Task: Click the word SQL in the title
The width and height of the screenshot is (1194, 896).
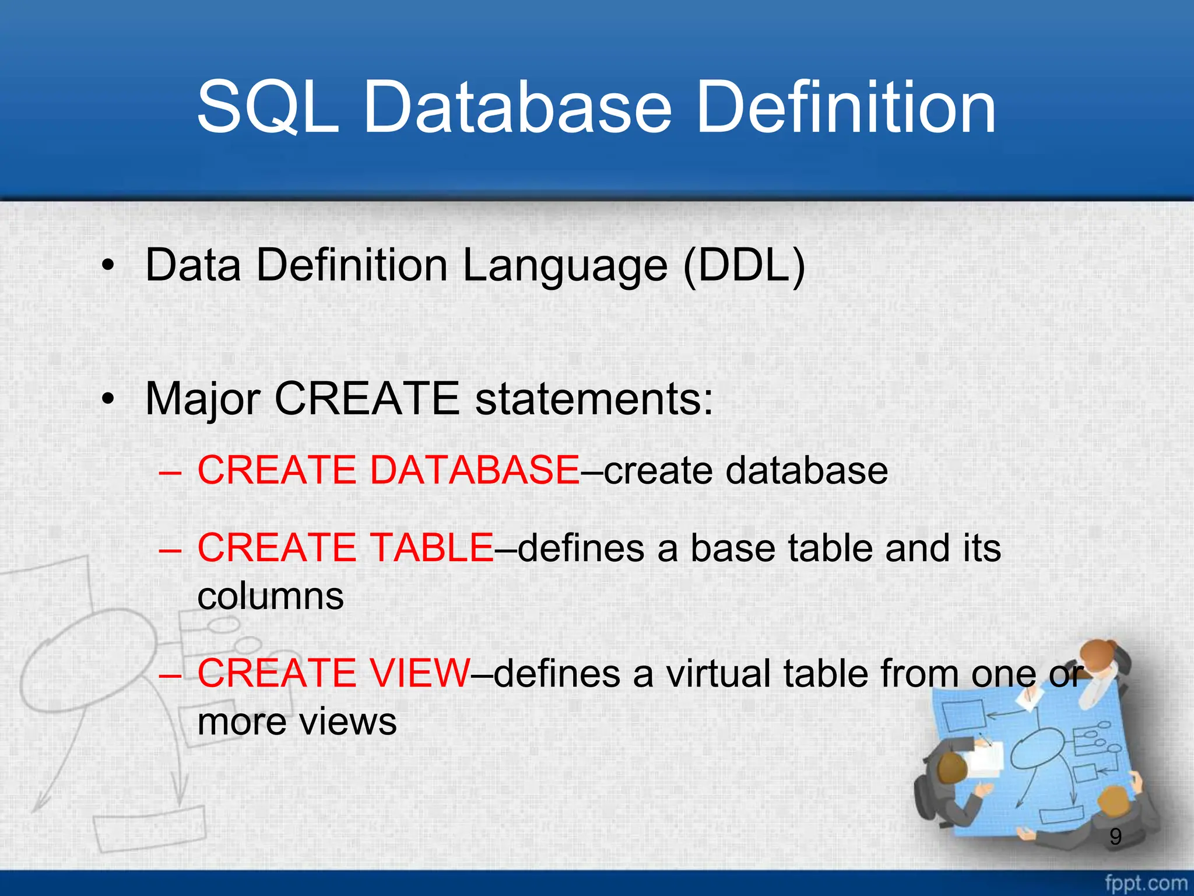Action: (268, 107)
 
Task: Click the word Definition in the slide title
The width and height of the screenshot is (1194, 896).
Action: (845, 107)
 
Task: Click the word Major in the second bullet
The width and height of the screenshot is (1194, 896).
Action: (202, 399)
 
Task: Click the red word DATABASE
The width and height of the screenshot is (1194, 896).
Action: (475, 470)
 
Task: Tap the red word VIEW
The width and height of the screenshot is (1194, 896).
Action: (419, 673)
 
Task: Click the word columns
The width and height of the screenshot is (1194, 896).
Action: (271, 597)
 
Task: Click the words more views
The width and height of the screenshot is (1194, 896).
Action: (297, 722)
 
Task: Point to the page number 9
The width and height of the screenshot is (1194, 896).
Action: (1115, 837)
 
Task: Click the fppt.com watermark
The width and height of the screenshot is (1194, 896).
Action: (1146, 883)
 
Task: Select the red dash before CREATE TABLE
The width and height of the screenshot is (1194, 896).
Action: (170, 549)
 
